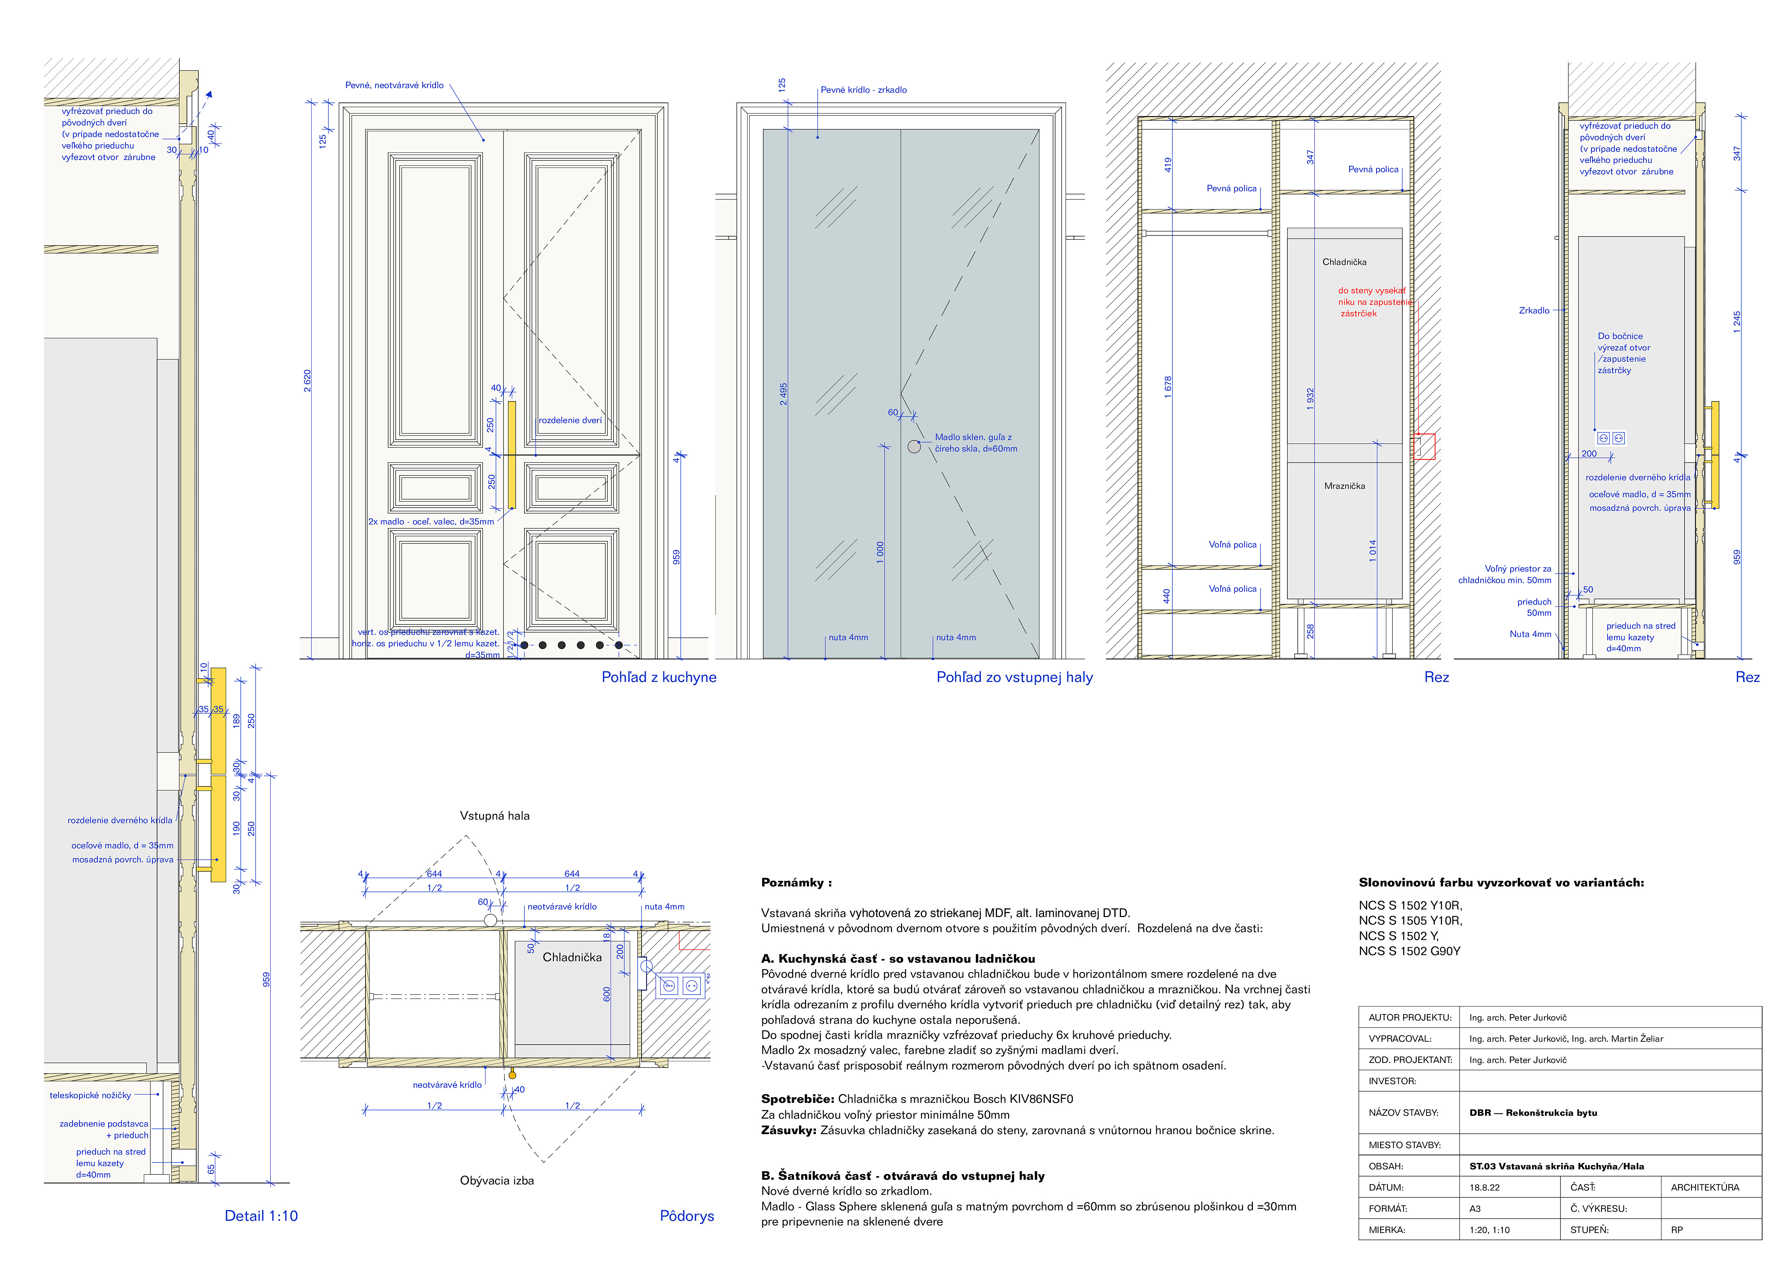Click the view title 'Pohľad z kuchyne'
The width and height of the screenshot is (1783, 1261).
(658, 677)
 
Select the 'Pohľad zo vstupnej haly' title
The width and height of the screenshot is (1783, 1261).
(1014, 677)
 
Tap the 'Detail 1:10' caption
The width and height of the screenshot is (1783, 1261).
(261, 1216)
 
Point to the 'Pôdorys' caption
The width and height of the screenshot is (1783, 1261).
(686, 1216)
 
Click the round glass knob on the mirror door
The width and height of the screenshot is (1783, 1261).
(914, 446)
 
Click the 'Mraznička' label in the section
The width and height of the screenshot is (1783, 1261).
(1344, 486)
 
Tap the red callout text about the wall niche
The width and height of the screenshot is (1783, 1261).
(1371, 302)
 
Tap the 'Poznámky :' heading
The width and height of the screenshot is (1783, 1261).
(796, 883)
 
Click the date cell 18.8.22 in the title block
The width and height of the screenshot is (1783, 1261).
(1484, 1187)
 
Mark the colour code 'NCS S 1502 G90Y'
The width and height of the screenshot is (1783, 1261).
(1410, 951)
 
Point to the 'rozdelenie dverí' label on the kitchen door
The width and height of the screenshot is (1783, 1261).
(570, 420)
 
